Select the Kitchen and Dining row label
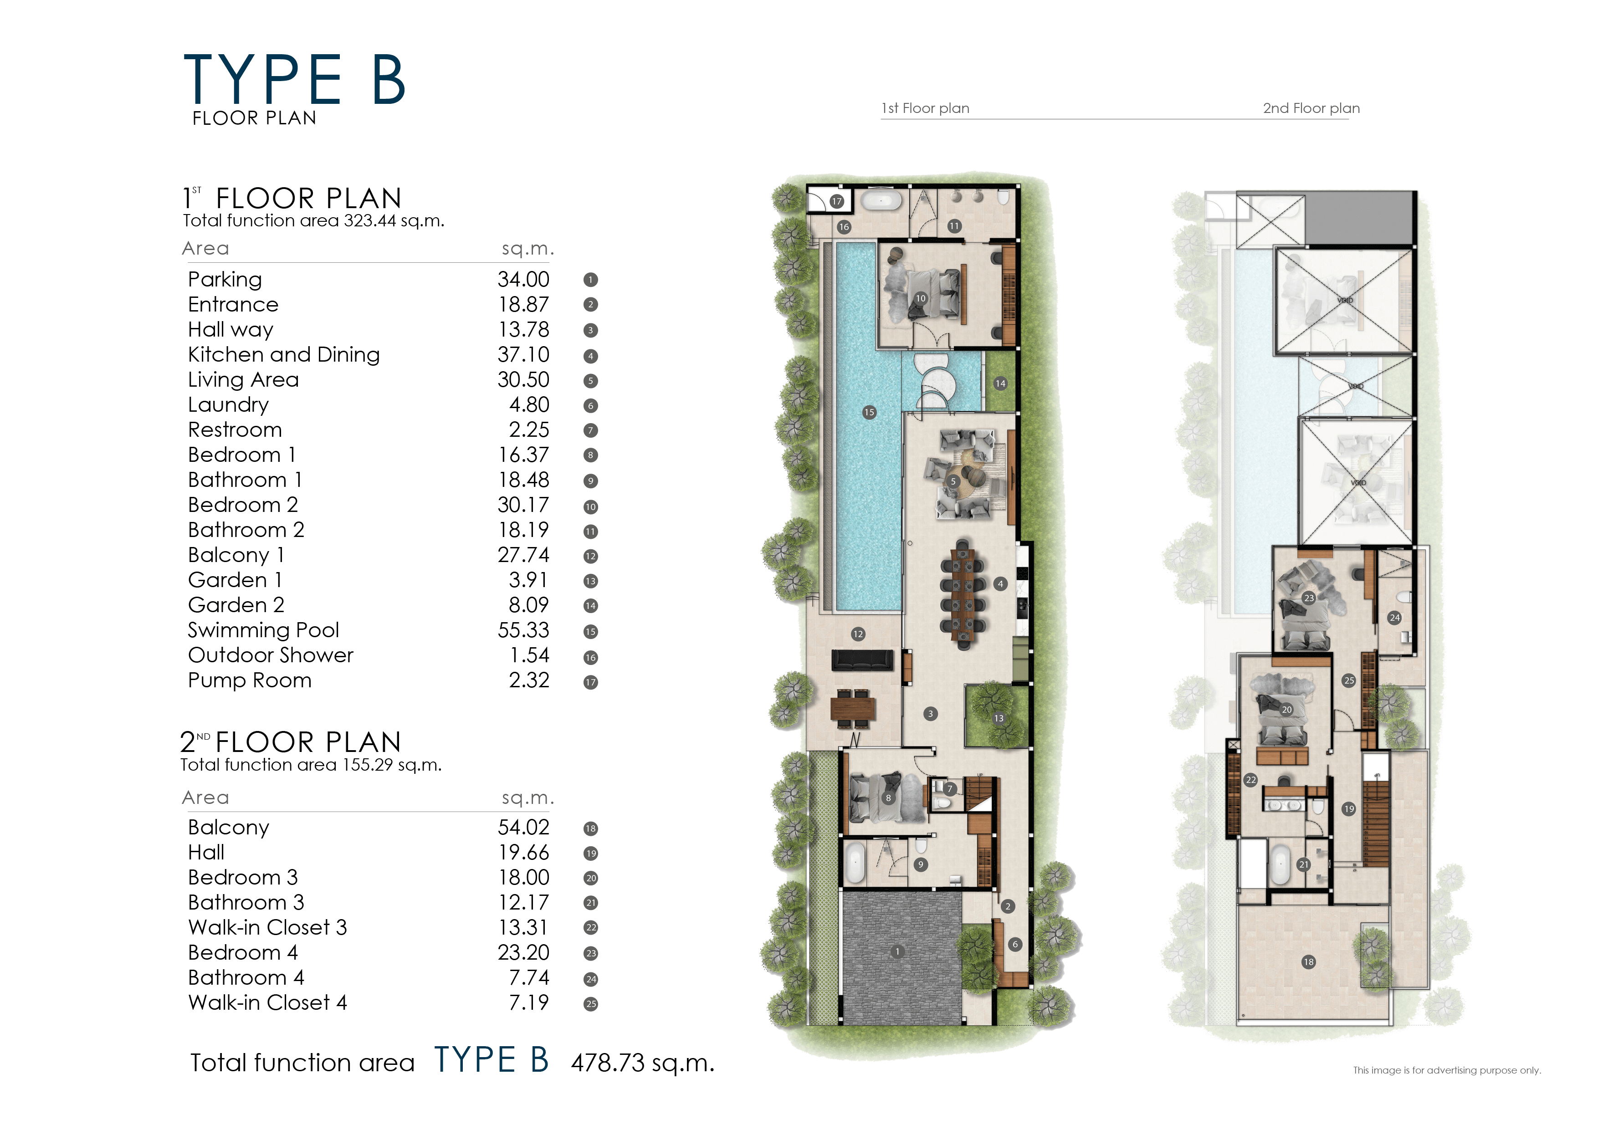pos(283,355)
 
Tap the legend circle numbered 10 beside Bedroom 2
pos(590,506)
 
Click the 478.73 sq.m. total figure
pos(642,1063)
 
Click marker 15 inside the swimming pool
pos(869,413)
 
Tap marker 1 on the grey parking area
pos(897,951)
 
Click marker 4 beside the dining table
pos(1000,584)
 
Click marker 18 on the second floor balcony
pos(1308,961)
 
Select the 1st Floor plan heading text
pos(925,108)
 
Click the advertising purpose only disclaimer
pos(1446,1070)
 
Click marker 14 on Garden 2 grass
pos(1000,383)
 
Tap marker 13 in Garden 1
pos(999,718)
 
